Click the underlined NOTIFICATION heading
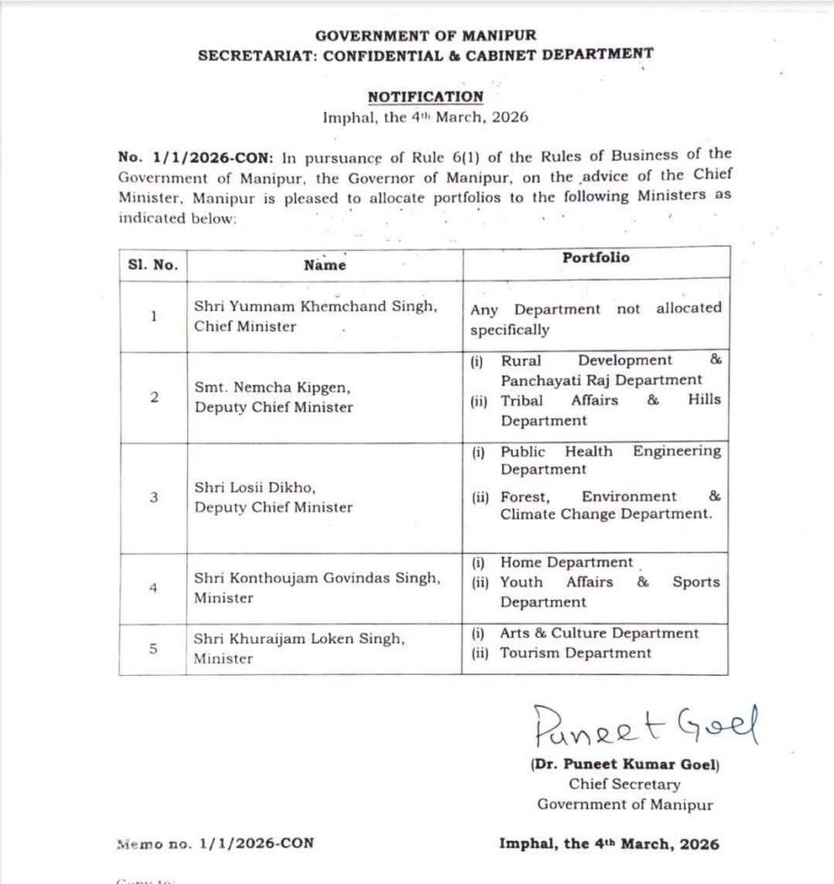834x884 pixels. click(425, 96)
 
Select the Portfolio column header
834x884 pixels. click(595, 258)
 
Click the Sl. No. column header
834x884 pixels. click(153, 265)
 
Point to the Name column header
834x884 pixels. click(325, 265)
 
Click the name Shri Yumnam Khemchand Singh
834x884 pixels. click(316, 307)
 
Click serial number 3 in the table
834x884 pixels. click(153, 497)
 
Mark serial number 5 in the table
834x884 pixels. click(153, 648)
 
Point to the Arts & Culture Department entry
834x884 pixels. click(599, 633)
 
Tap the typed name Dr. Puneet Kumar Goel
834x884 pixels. click(624, 765)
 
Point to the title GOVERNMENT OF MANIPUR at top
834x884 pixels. click(425, 35)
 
